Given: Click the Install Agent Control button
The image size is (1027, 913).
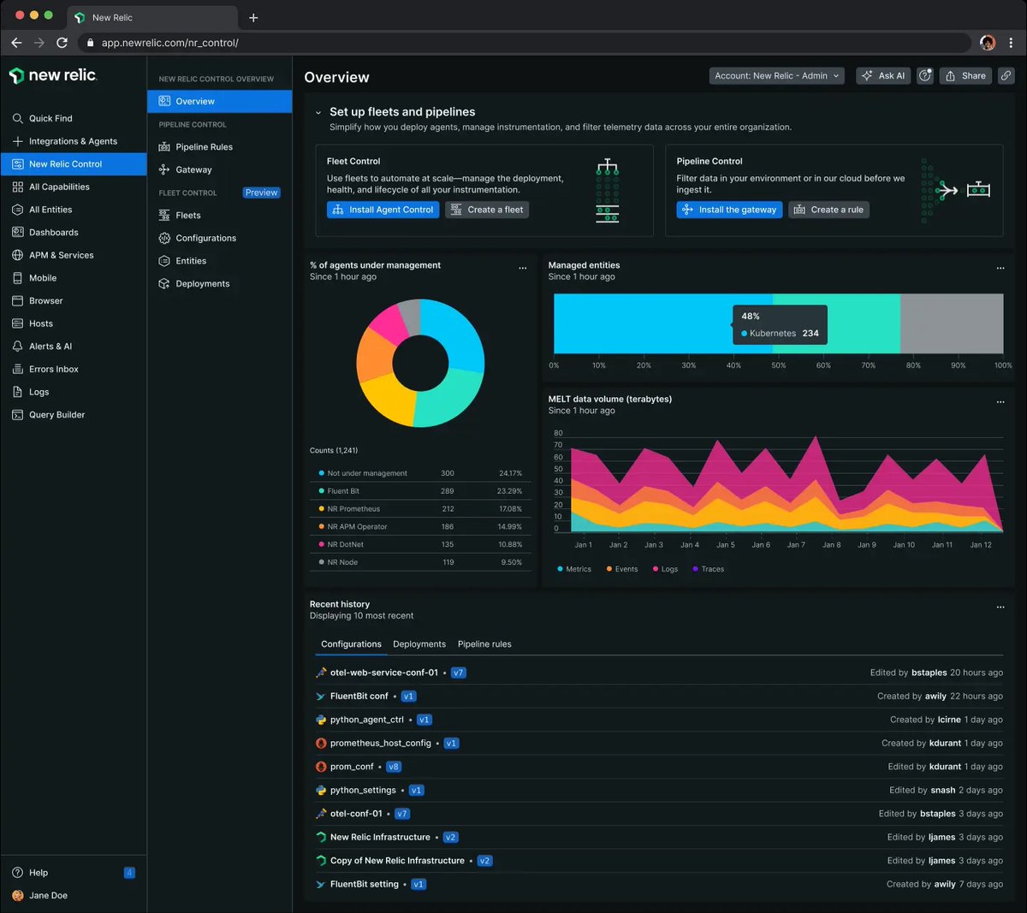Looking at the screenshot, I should point(383,210).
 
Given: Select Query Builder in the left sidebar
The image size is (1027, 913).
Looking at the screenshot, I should point(56,415).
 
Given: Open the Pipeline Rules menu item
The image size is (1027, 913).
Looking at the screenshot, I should point(204,147).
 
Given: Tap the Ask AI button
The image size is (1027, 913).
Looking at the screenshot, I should point(883,76).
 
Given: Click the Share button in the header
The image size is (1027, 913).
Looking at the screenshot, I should point(965,76).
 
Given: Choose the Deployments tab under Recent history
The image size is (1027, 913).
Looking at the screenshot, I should point(419,644).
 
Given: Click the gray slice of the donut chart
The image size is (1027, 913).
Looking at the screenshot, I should point(410,317).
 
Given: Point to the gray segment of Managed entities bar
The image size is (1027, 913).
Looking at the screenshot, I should point(951,323).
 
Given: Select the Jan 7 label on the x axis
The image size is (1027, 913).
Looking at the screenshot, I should point(796,545).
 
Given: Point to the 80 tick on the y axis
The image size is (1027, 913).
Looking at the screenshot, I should point(558,434).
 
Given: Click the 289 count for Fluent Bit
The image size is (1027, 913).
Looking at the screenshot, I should point(447,491).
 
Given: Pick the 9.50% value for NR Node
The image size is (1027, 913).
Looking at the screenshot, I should point(510,562).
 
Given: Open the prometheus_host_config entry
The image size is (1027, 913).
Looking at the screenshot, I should point(380,744).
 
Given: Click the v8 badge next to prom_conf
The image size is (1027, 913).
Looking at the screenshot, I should point(393,767).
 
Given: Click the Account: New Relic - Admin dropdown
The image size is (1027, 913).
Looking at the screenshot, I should point(776,76).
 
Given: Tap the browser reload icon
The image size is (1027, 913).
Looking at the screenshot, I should point(62,43).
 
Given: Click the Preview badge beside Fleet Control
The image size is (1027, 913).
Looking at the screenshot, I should point(261,193).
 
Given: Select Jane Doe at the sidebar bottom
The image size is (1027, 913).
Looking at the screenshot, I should point(48,896).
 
